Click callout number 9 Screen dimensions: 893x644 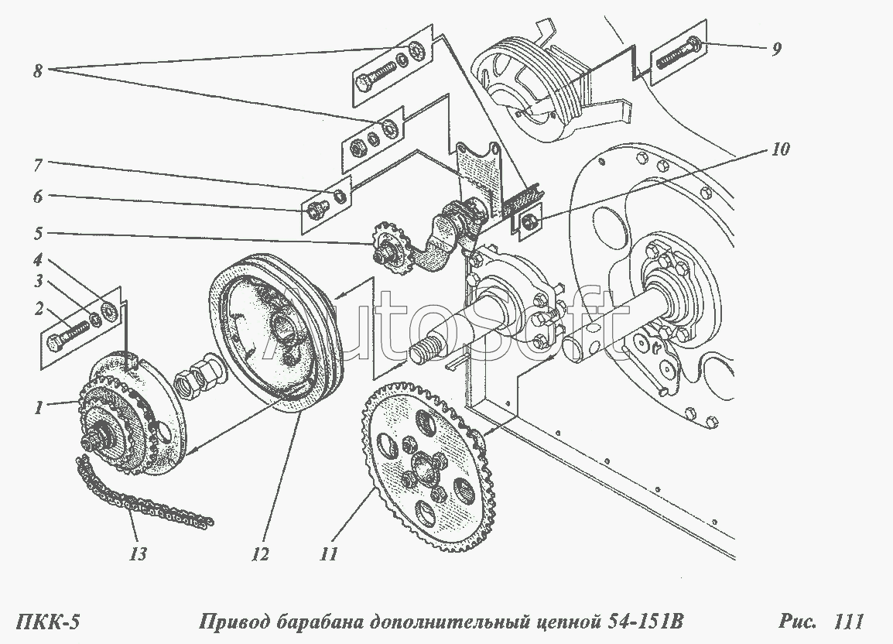pyautogui.click(x=775, y=49)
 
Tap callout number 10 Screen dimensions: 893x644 pyautogui.click(x=780, y=149)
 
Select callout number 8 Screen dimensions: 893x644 pyautogui.click(x=38, y=71)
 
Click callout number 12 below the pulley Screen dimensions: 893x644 pyautogui.click(x=260, y=553)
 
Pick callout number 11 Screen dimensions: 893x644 pyautogui.click(x=329, y=553)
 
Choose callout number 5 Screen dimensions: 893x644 pyautogui.click(x=38, y=234)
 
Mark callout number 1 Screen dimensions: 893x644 pyautogui.click(x=38, y=408)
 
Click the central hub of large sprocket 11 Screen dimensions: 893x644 pyautogui.click(x=423, y=461)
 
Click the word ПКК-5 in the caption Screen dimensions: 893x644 pyautogui.click(x=46, y=621)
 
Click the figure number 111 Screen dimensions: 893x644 pyautogui.click(x=848, y=621)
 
